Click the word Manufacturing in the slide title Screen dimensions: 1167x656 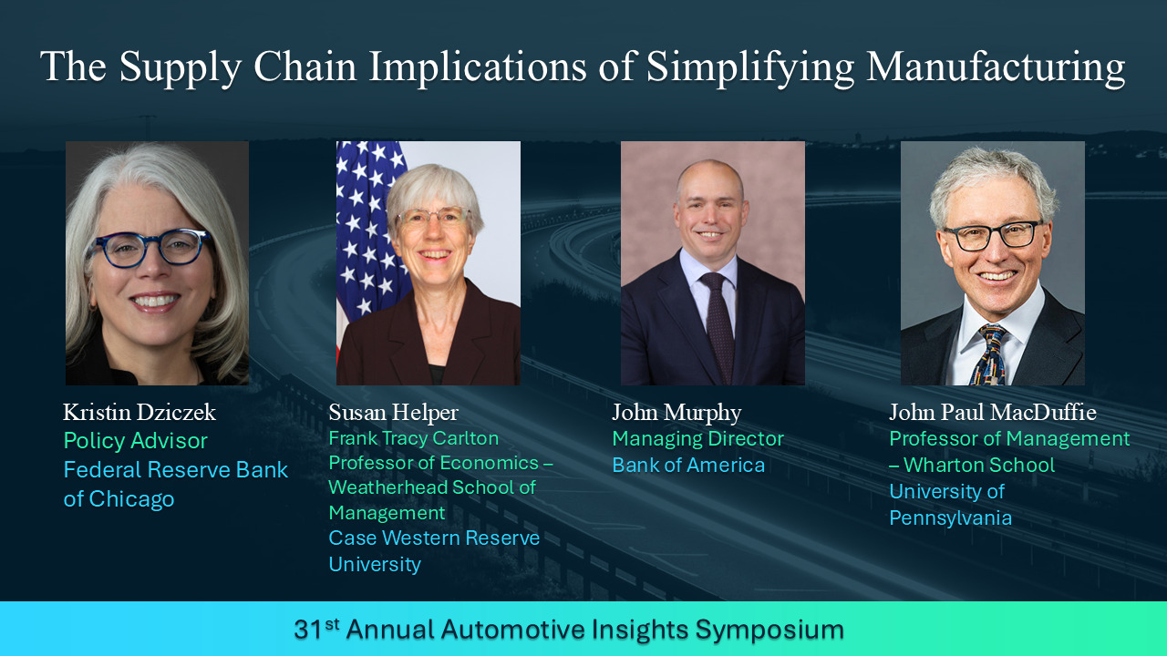pyautogui.click(x=996, y=67)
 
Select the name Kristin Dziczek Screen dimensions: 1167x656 pyautogui.click(x=139, y=413)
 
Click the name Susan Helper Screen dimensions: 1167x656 pyautogui.click(x=393, y=413)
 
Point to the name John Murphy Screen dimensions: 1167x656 pyautogui.click(x=676, y=414)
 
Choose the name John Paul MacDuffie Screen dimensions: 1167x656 pyautogui.click(x=993, y=413)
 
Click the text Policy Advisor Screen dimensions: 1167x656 pyautogui.click(x=136, y=442)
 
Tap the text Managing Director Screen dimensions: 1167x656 pyautogui.click(x=697, y=439)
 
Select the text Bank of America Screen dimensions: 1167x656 pyautogui.click(x=688, y=465)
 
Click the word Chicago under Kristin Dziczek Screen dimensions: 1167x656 pyautogui.click(x=131, y=499)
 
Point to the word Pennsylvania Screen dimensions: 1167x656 pyautogui.click(x=950, y=518)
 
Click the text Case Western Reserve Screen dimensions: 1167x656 pyautogui.click(x=434, y=538)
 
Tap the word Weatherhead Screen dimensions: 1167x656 pyautogui.click(x=385, y=487)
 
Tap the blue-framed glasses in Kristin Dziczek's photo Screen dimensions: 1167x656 pyautogui.click(x=150, y=249)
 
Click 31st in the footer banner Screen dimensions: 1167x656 pyautogui.click(x=316, y=629)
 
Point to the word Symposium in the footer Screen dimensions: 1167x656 pyautogui.click(x=769, y=630)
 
